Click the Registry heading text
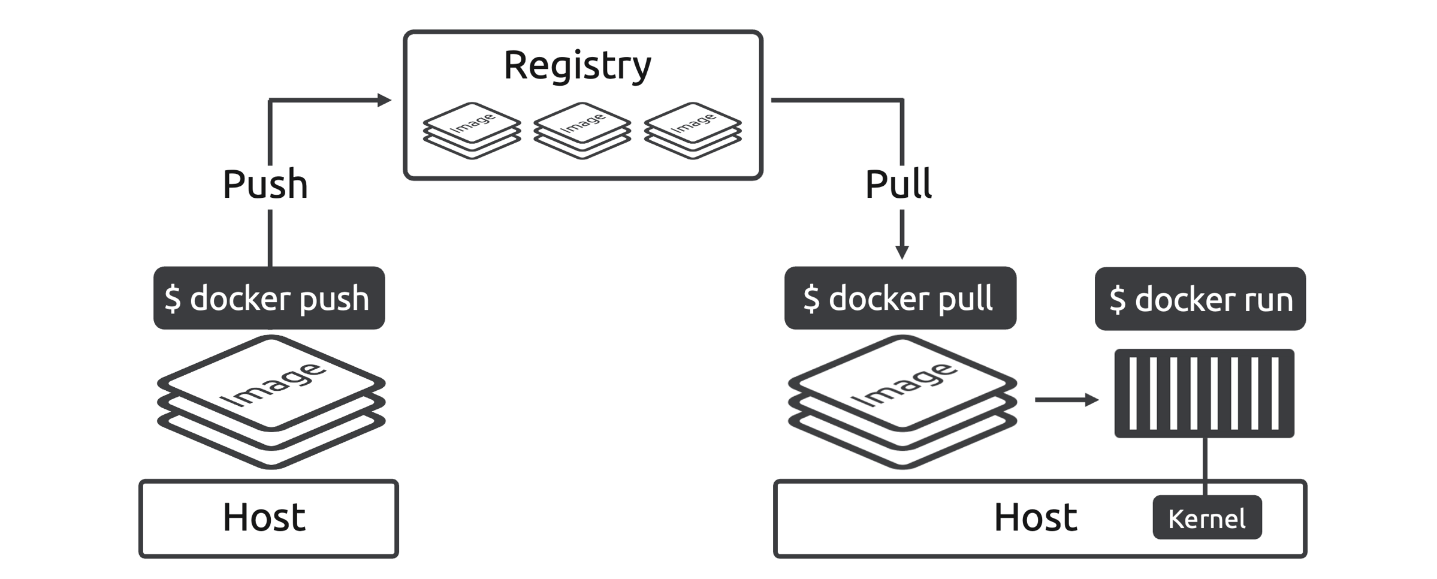tap(576, 65)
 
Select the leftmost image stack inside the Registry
tap(472, 130)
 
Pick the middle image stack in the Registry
tap(582, 130)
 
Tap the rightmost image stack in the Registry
tap(693, 130)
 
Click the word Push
tap(265, 184)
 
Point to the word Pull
tap(898, 184)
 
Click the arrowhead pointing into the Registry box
tap(384, 100)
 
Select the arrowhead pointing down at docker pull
tap(902, 252)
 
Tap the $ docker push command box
tap(269, 298)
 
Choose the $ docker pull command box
tap(900, 298)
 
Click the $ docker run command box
tap(1200, 298)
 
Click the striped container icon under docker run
tap(1204, 393)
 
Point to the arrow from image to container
tap(1066, 400)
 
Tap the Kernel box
tap(1207, 518)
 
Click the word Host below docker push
tap(264, 518)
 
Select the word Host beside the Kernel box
tap(1036, 518)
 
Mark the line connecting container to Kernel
tap(1204, 466)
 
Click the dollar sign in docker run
tap(1117, 300)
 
